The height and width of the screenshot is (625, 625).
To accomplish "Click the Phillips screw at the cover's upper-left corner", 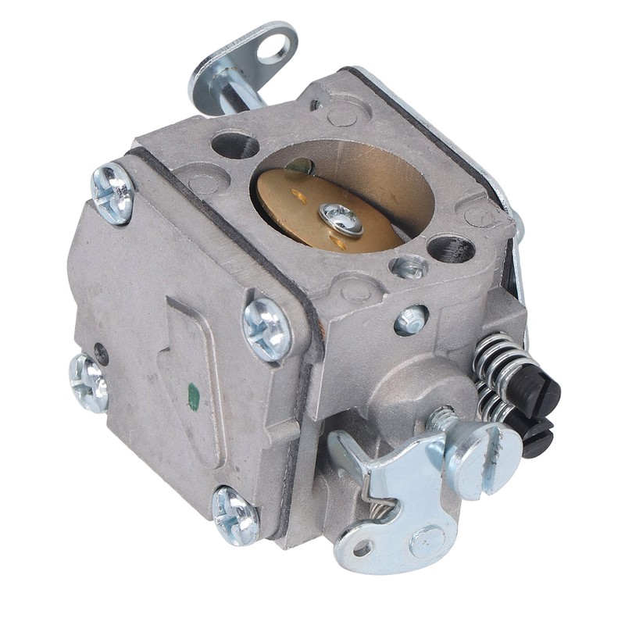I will (112, 192).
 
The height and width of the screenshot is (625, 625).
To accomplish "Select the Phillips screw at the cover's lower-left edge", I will (88, 382).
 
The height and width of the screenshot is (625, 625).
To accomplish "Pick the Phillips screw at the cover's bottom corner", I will (235, 515).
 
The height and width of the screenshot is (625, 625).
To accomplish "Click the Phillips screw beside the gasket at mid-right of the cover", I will (266, 329).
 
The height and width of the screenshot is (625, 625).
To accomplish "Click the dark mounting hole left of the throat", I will (234, 145).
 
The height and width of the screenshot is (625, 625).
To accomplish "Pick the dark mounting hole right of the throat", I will (451, 248).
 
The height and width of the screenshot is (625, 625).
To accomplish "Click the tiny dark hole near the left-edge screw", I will (101, 353).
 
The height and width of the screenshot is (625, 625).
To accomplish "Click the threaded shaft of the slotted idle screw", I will (442, 423).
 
